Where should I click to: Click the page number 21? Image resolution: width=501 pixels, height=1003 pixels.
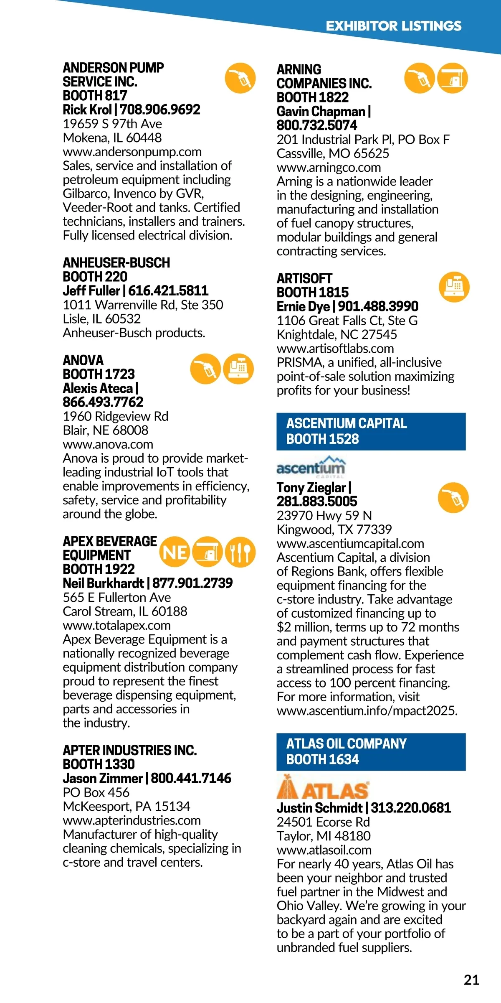[x=471, y=980]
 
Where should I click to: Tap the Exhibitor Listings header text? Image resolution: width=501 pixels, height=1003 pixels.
[x=393, y=26]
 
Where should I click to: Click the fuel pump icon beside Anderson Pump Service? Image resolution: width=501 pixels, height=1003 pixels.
[x=240, y=78]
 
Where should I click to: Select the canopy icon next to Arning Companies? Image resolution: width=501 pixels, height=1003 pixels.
[x=453, y=78]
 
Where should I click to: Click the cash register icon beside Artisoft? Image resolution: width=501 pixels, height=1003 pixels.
[x=454, y=287]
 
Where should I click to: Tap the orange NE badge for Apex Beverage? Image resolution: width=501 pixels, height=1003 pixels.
[x=175, y=552]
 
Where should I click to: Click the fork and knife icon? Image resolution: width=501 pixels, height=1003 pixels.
[x=240, y=552]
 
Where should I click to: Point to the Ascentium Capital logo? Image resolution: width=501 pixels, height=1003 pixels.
[x=311, y=467]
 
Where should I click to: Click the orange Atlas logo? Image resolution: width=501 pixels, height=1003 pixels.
[x=323, y=788]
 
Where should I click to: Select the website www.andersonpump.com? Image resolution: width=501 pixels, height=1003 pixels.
[x=132, y=152]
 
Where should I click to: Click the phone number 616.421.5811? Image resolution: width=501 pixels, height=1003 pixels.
[x=168, y=290]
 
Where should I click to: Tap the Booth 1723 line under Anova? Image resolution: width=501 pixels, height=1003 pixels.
[x=99, y=374]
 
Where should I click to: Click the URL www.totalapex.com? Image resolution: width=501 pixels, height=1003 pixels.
[x=116, y=625]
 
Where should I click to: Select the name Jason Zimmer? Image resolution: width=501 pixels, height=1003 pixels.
[x=103, y=778]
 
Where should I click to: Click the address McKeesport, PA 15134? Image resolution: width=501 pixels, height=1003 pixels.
[x=126, y=806]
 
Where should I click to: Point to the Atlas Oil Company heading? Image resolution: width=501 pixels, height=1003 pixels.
[x=346, y=744]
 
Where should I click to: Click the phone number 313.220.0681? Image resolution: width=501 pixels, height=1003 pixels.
[x=411, y=808]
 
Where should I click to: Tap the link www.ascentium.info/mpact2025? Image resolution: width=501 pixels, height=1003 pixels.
[x=367, y=710]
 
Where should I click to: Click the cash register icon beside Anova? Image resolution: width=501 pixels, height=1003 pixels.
[x=238, y=369]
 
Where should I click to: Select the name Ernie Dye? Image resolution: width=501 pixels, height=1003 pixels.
[x=303, y=306]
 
